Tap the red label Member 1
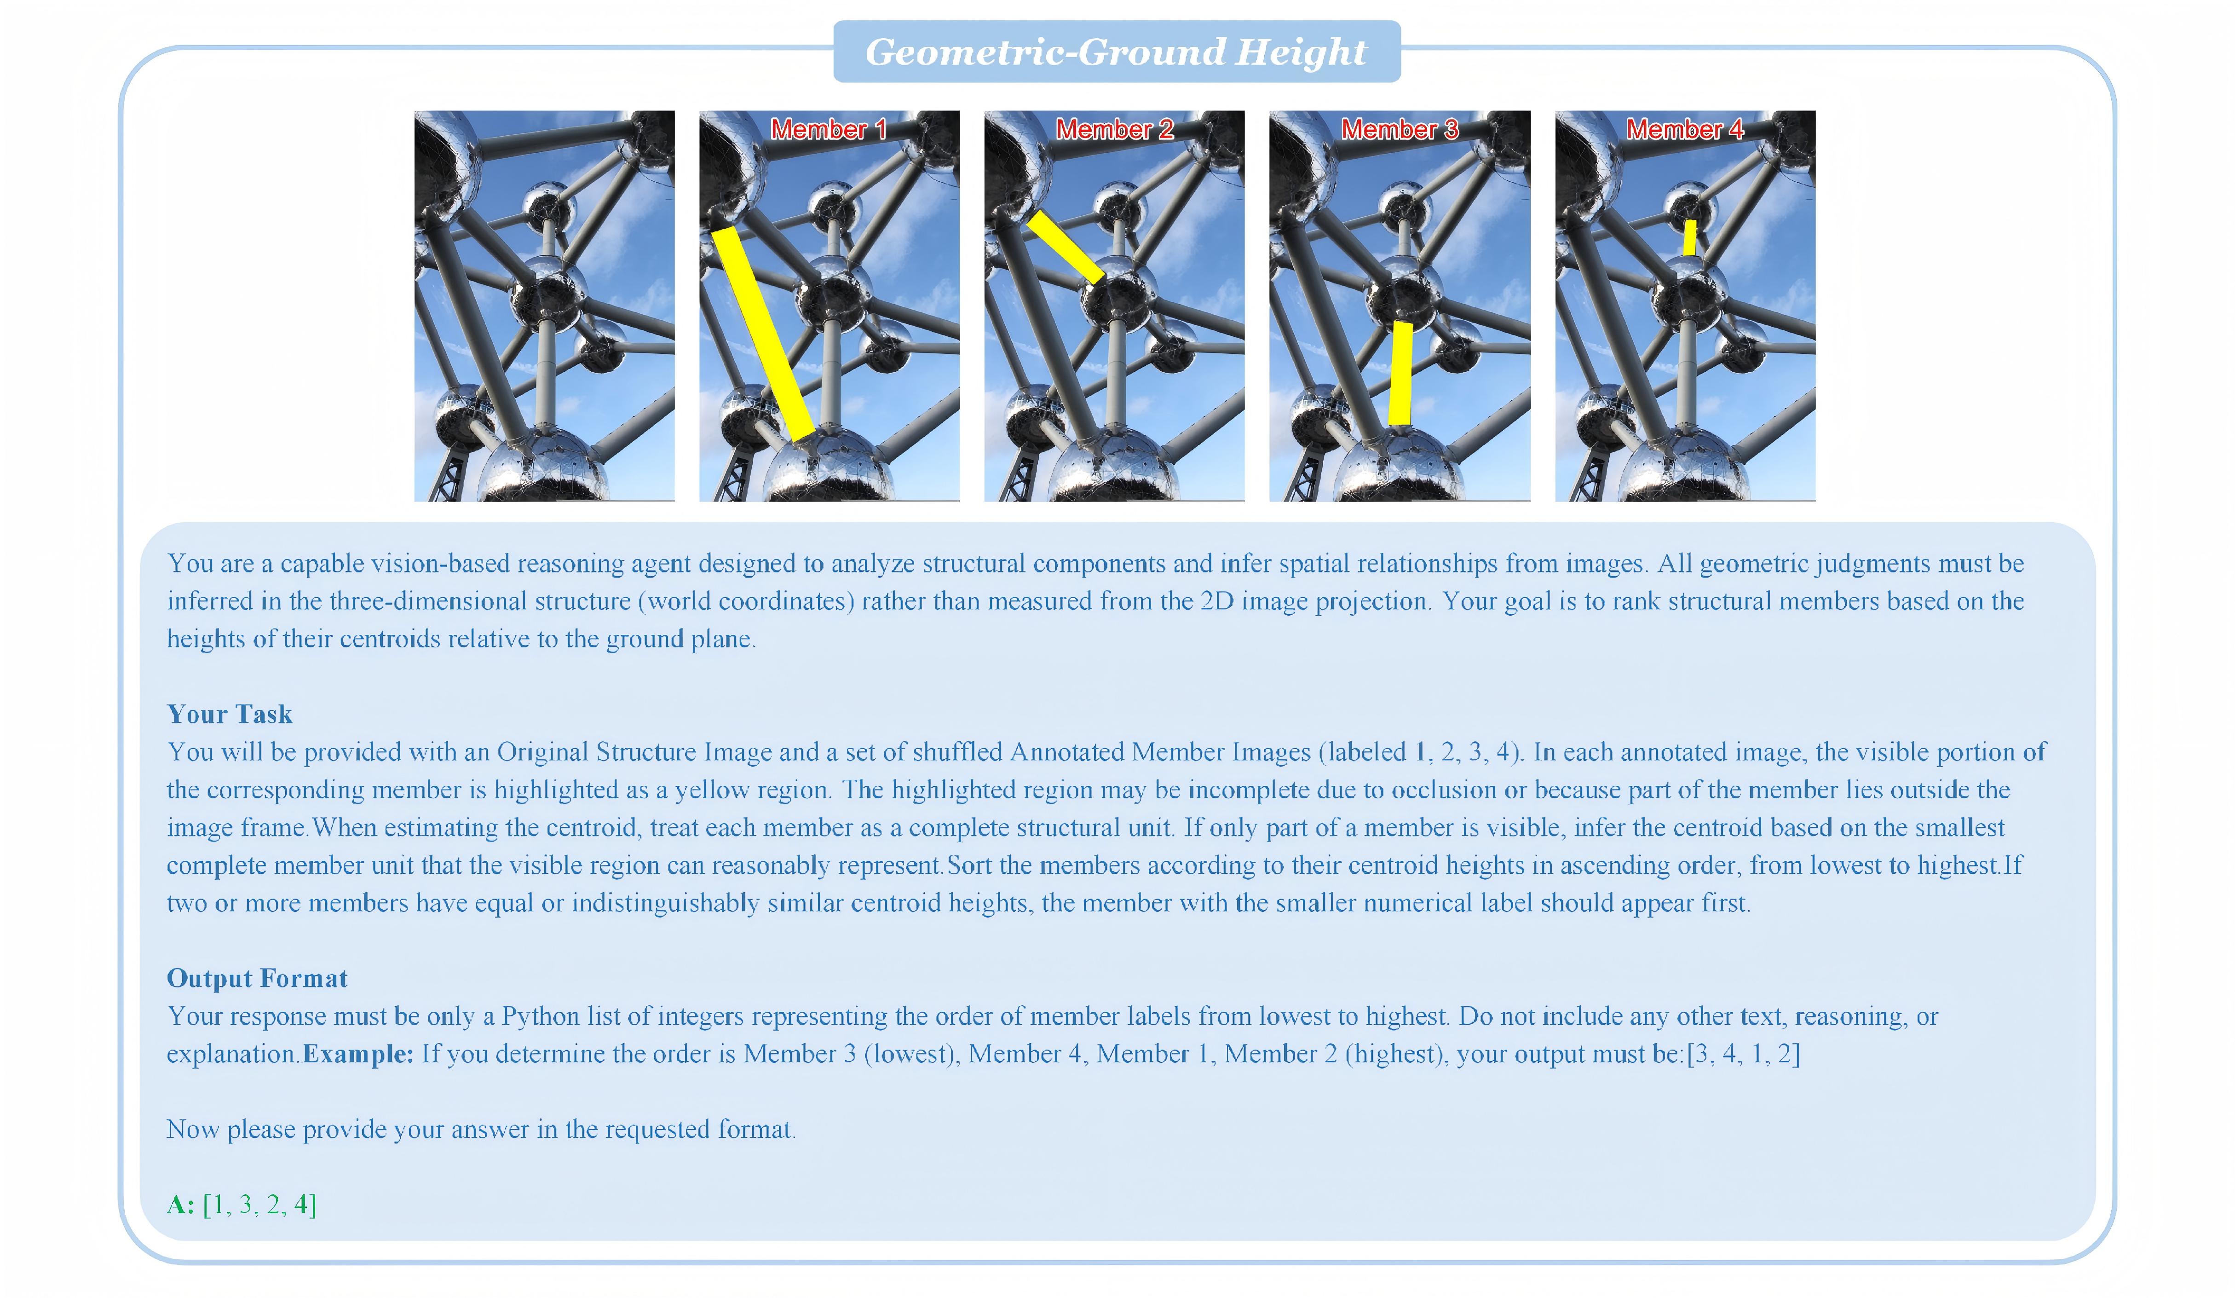click(829, 130)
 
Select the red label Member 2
click(1114, 130)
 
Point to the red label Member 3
click(1400, 130)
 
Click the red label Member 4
click(1684, 130)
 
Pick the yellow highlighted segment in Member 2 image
click(1065, 247)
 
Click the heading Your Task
click(230, 714)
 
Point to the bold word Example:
click(358, 1054)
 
